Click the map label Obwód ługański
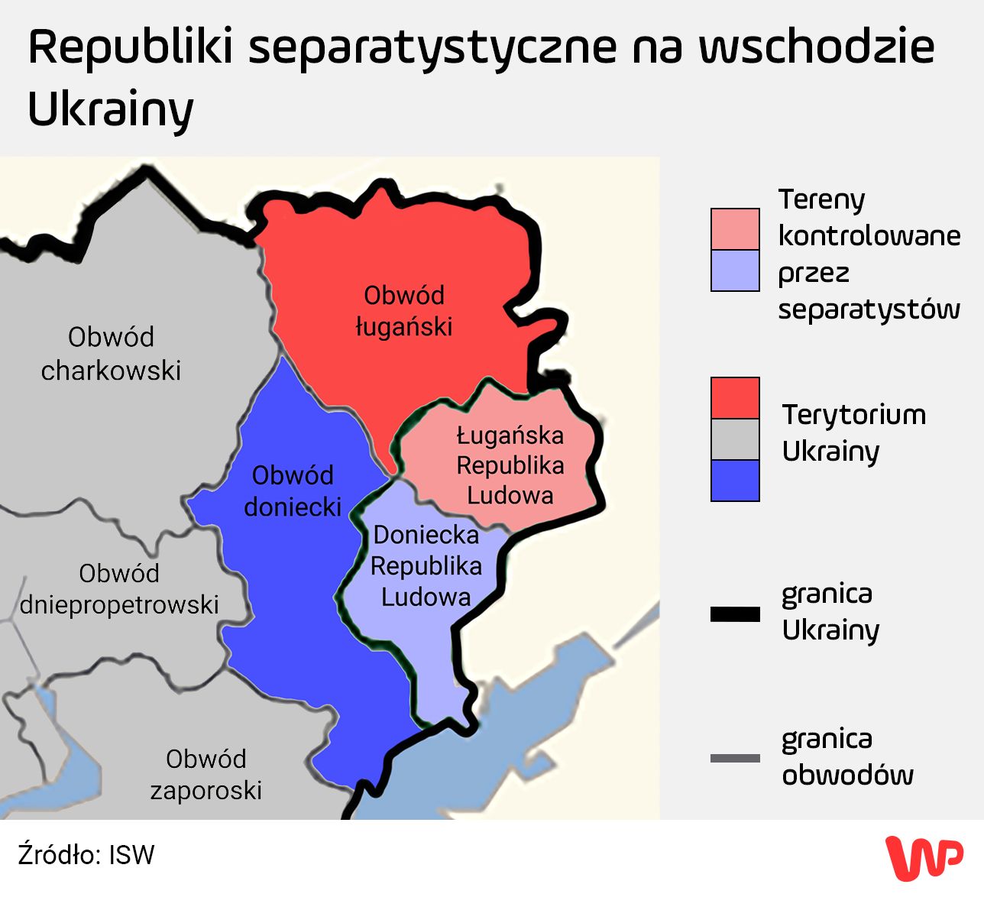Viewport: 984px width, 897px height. [403, 311]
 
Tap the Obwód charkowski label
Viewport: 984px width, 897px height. [111, 354]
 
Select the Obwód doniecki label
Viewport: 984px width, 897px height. [293, 491]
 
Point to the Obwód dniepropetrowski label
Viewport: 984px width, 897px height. [119, 589]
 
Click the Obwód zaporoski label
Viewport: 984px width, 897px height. [206, 774]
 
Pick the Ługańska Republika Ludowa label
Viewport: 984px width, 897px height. [510, 465]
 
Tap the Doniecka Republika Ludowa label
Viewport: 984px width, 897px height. [426, 565]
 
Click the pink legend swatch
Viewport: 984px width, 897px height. [735, 229]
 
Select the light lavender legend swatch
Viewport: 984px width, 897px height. [735, 270]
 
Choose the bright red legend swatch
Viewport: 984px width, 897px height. [735, 397]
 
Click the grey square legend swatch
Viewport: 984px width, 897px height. [735, 439]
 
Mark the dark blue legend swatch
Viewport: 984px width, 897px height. [735, 481]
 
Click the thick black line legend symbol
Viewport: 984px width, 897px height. [735, 614]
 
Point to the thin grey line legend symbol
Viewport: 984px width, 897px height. [735, 758]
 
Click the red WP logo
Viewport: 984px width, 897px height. [924, 857]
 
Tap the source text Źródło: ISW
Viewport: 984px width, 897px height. [86, 855]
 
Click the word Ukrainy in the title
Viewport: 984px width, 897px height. [111, 109]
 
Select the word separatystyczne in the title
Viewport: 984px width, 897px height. [432, 47]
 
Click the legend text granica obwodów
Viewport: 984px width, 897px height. [847, 756]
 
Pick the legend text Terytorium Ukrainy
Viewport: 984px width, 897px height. [853, 432]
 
